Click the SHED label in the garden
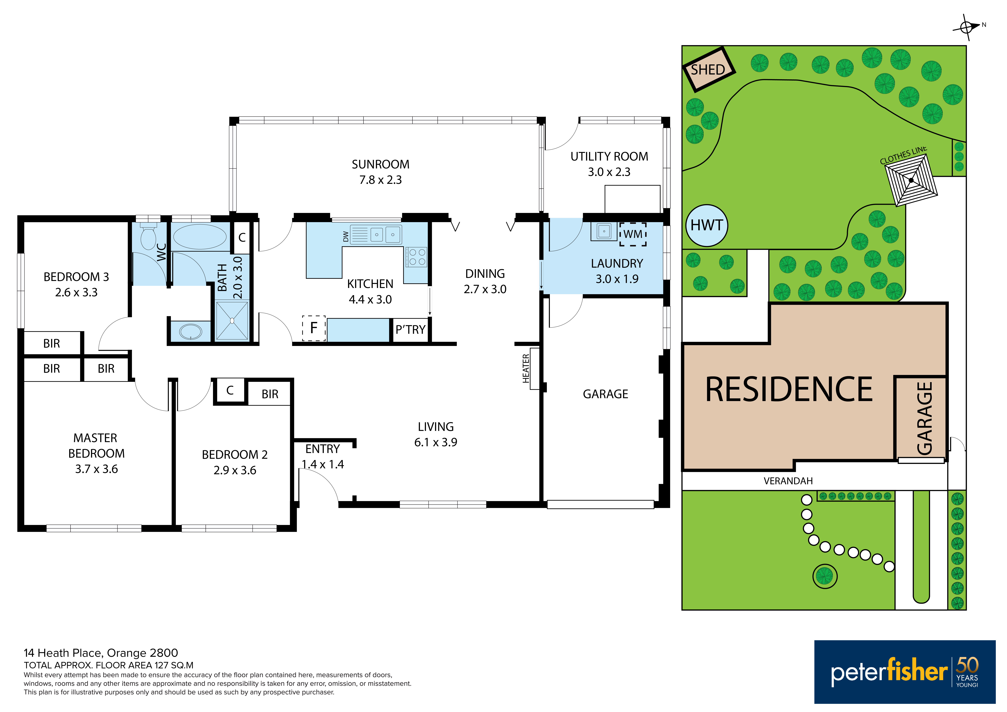pos(708,70)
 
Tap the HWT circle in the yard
pos(707,225)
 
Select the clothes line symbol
pos(911,180)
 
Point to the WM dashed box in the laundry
pos(633,234)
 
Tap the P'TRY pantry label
pos(410,329)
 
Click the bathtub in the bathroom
pos(200,237)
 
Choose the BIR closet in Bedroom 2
pos(270,394)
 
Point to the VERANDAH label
pos(788,481)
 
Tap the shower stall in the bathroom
pos(232,321)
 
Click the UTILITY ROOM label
pos(609,157)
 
